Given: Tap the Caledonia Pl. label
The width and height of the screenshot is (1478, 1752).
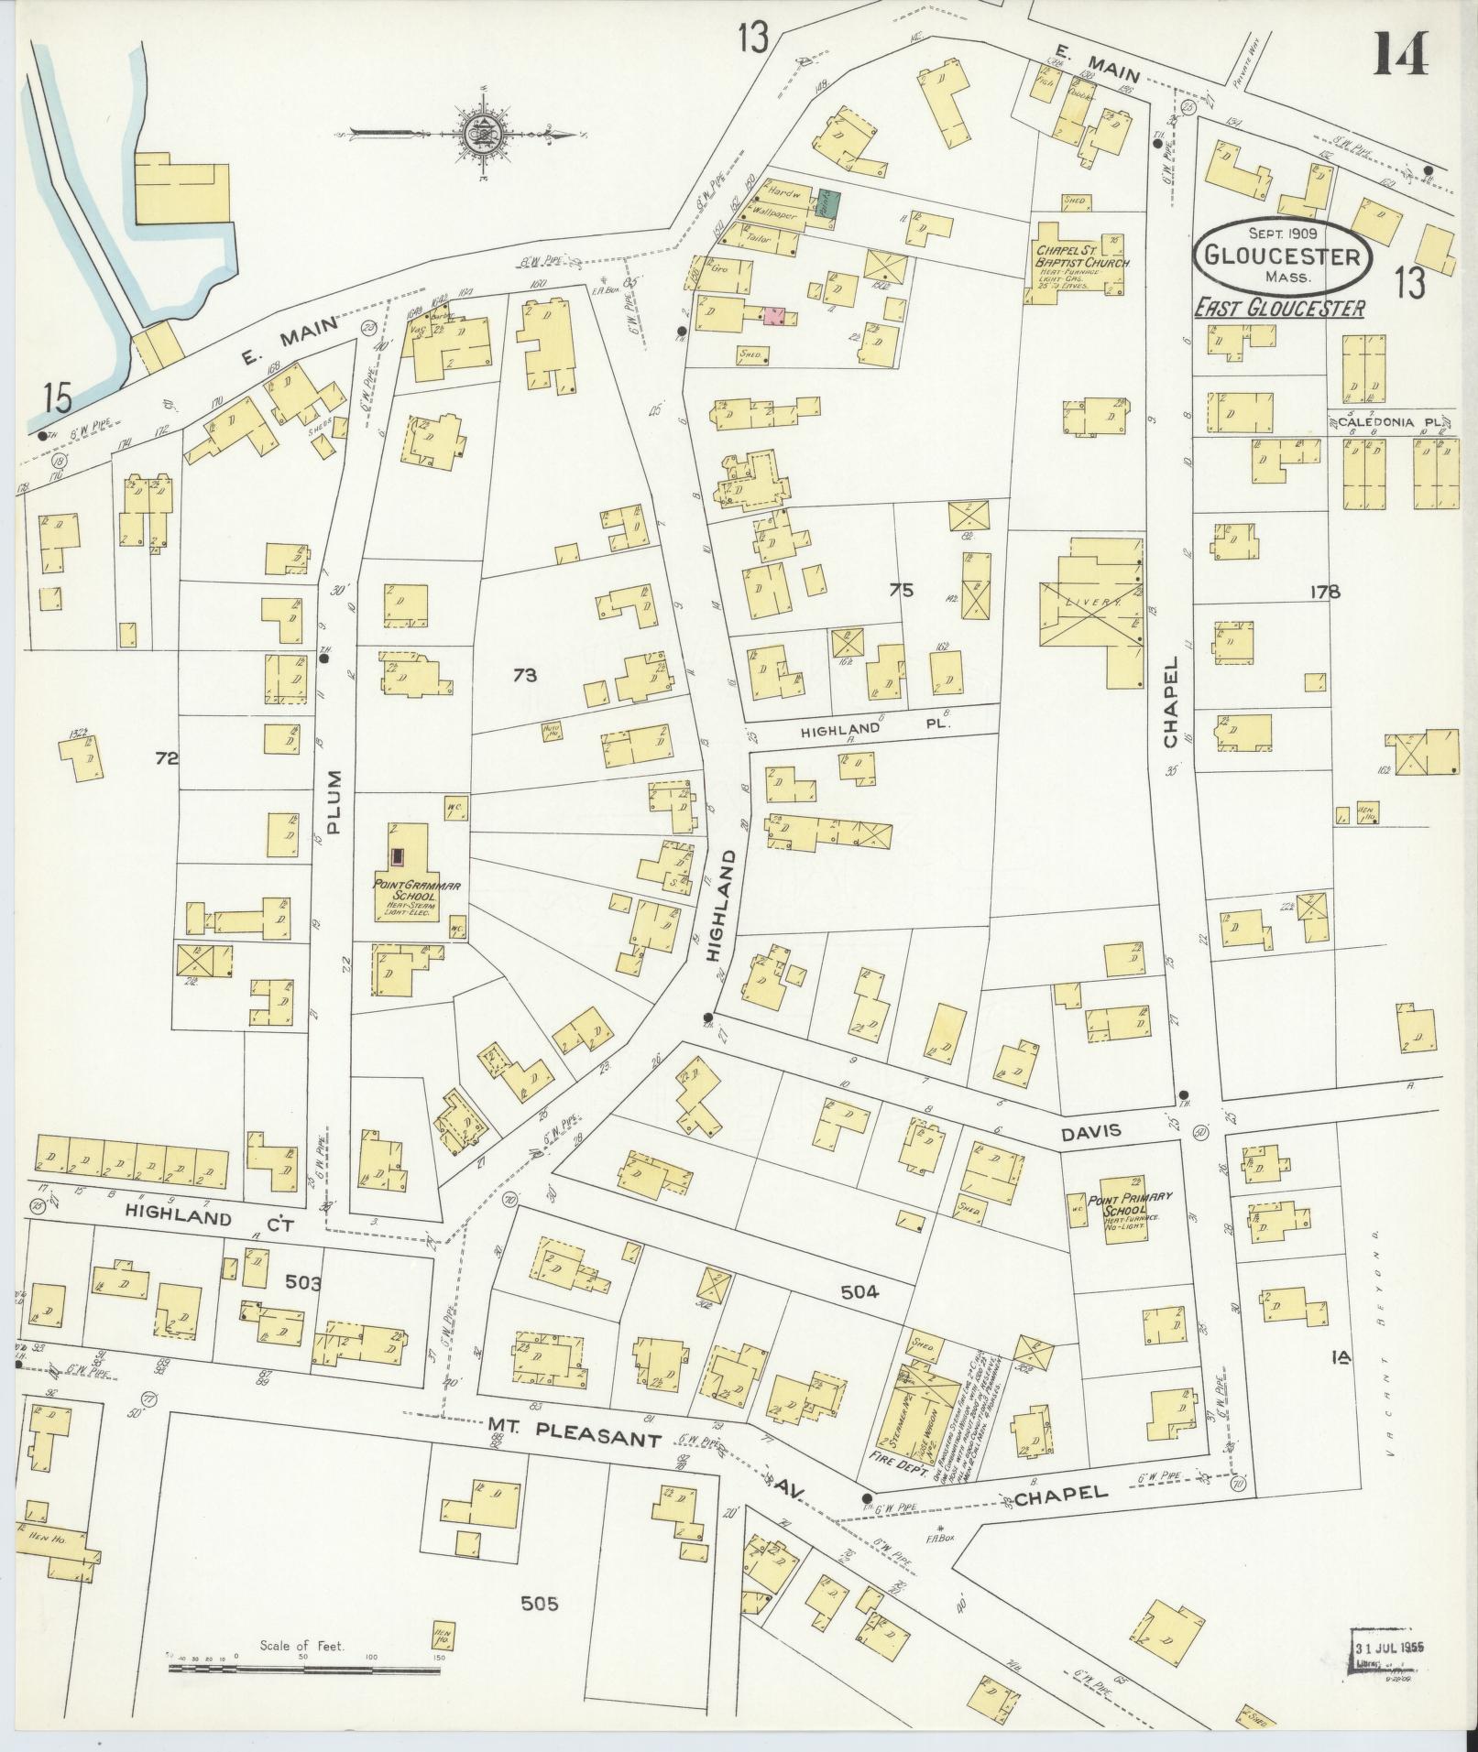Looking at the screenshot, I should tap(1384, 422).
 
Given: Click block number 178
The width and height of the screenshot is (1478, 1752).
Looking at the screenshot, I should tap(1324, 592).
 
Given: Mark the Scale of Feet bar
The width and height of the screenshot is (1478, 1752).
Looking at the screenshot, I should tap(304, 1670).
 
